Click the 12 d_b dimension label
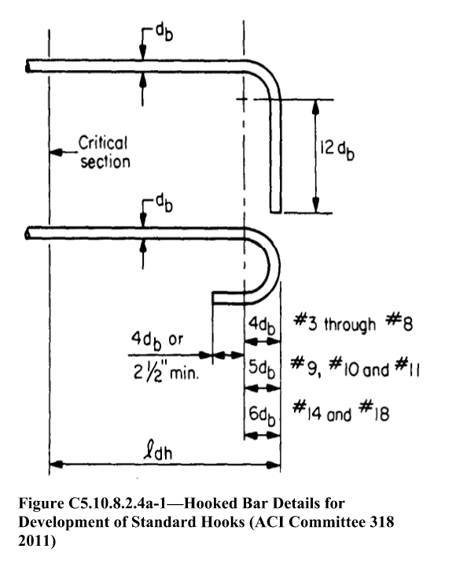(337, 149)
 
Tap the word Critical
(103, 143)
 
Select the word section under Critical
(105, 162)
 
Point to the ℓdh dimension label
(158, 451)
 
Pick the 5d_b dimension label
(262, 369)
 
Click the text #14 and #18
(341, 412)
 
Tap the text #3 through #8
(353, 322)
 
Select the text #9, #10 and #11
(355, 368)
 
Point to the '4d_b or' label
(157, 341)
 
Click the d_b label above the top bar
(164, 33)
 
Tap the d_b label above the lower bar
(164, 204)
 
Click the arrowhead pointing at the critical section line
(57, 153)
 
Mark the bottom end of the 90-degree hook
(275, 212)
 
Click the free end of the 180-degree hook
(212, 298)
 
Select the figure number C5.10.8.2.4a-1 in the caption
(123, 503)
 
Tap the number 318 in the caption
(382, 522)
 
